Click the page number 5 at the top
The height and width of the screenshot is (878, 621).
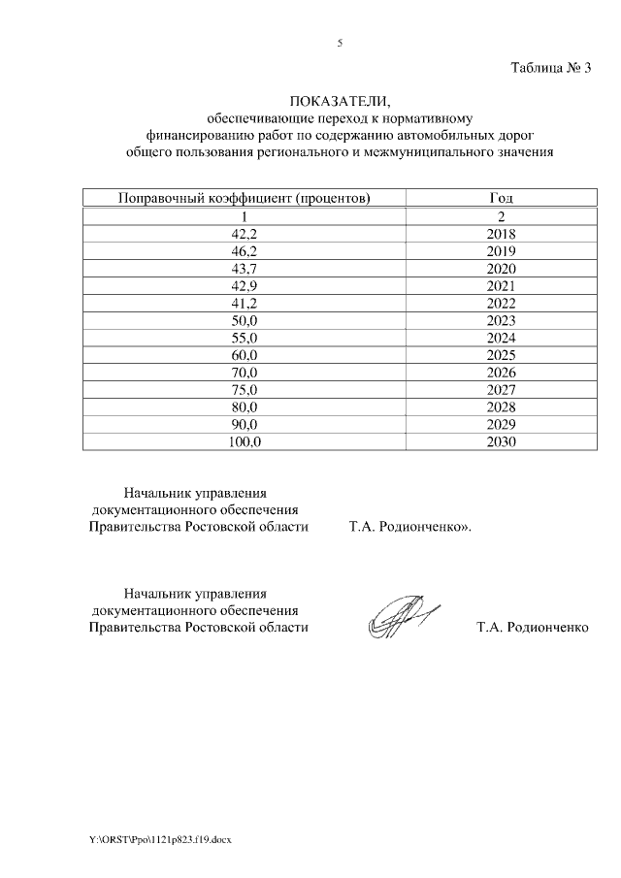(x=340, y=43)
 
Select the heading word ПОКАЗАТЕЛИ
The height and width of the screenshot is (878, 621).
(x=340, y=102)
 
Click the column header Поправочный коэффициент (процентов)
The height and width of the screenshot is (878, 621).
(x=244, y=199)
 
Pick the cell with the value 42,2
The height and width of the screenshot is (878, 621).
(x=244, y=234)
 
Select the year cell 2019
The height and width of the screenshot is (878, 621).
(x=502, y=251)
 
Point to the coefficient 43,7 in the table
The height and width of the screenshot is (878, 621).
(x=244, y=269)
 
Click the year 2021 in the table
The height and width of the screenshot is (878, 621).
(x=502, y=285)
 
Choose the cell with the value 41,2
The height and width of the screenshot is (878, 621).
(x=244, y=303)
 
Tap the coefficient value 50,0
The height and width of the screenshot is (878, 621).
(x=244, y=320)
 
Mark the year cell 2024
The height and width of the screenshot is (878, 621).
(x=502, y=338)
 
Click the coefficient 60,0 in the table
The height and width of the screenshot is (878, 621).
(x=244, y=355)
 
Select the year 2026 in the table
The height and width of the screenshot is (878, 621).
(x=502, y=373)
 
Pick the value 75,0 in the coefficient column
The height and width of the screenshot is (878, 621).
(x=244, y=390)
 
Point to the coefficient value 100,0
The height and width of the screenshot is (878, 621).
(x=244, y=441)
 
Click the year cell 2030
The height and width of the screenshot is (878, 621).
(x=502, y=441)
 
